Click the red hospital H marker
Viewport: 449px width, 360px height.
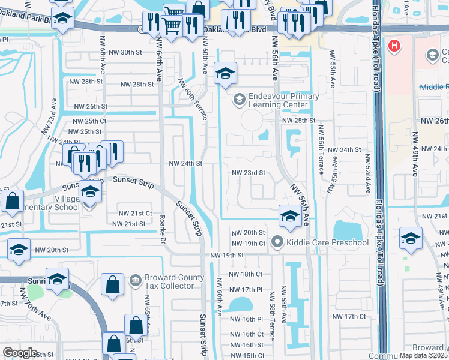pos(394,46)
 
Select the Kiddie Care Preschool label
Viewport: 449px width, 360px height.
pos(327,242)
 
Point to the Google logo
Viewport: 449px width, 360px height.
pos(20,353)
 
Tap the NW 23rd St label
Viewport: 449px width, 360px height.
pos(249,173)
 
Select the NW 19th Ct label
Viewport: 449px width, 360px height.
pos(250,244)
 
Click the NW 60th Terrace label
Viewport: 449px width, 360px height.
pos(193,100)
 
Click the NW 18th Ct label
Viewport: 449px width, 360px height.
pos(250,274)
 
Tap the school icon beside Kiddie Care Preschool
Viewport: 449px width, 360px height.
pos(289,217)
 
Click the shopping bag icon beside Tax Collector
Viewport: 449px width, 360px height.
pos(113,285)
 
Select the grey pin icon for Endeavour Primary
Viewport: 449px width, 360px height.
pos(239,98)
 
